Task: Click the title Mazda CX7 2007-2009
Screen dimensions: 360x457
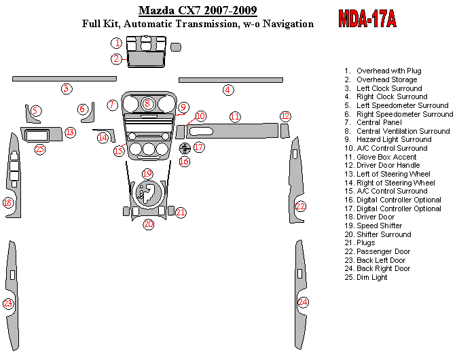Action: click(198, 10)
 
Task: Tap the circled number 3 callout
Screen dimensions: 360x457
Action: click(66, 88)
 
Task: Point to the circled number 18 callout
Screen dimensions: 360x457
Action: click(8, 202)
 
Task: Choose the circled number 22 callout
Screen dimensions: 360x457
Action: click(300, 206)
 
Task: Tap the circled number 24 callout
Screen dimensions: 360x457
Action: click(302, 302)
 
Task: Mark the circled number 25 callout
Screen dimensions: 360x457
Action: click(39, 149)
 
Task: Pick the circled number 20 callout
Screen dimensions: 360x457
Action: click(148, 224)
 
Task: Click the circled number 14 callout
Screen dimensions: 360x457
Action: click(103, 138)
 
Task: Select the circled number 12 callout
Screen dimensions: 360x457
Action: click(285, 116)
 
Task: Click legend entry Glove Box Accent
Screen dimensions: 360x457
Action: click(387, 157)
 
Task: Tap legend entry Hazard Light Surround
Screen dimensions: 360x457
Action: click(394, 139)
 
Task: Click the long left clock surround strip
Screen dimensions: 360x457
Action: click(60, 79)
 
